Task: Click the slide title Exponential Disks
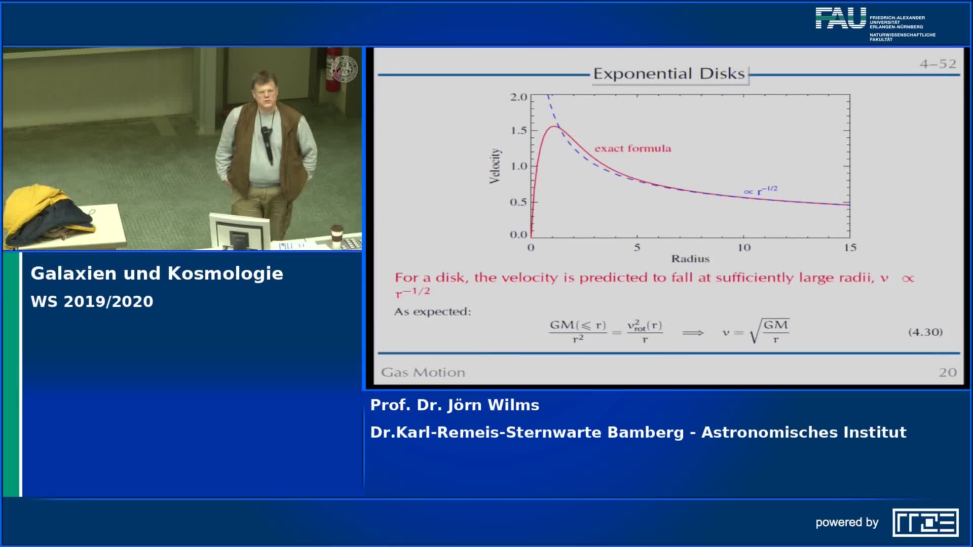tap(669, 74)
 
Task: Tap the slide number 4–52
tap(938, 64)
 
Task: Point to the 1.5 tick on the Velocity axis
tap(518, 131)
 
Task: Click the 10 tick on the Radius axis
tap(744, 248)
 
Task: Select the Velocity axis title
tap(495, 166)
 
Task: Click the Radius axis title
tap(690, 259)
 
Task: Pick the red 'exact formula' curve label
tap(633, 148)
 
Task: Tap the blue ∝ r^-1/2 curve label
tap(760, 190)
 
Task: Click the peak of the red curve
tap(554, 127)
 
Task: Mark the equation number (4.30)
tap(925, 332)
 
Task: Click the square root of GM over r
tap(769, 331)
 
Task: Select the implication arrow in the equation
tap(693, 333)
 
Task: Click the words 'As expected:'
tap(433, 311)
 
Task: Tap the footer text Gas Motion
tap(423, 372)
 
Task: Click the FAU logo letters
tap(841, 18)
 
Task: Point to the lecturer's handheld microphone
tap(267, 144)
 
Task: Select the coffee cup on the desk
tap(337, 237)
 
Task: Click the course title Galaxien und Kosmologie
tap(157, 273)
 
